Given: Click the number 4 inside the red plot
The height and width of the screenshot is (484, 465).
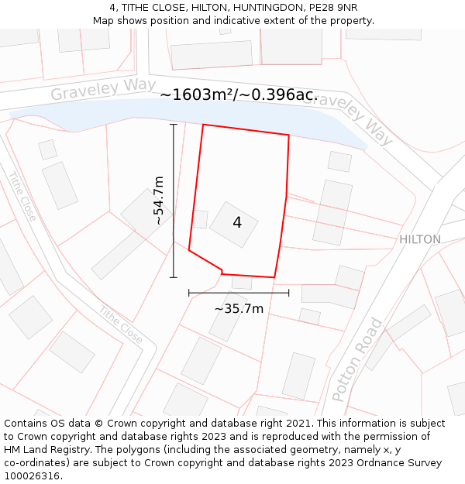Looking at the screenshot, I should [x=237, y=223].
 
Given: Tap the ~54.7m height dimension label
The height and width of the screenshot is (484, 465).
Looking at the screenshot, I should [x=158, y=201].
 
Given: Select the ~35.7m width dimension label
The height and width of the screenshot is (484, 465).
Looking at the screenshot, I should [x=239, y=308].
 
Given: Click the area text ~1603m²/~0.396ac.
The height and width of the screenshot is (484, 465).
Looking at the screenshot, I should [x=239, y=94].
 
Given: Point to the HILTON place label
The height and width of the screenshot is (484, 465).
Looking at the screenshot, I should [x=419, y=239].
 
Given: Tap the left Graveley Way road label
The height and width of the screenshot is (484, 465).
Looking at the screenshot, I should [x=103, y=89].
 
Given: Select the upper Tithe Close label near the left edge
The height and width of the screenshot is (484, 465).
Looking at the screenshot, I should [x=22, y=196].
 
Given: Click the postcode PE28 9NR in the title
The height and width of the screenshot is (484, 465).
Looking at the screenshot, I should [x=330, y=7].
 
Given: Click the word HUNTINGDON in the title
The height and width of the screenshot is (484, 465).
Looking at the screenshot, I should [x=254, y=7].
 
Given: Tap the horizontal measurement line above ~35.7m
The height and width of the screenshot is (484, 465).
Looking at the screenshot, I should [x=239, y=293].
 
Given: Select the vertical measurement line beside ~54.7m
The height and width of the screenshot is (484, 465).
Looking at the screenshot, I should [x=173, y=201].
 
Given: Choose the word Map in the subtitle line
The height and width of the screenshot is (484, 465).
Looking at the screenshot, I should [x=103, y=20].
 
